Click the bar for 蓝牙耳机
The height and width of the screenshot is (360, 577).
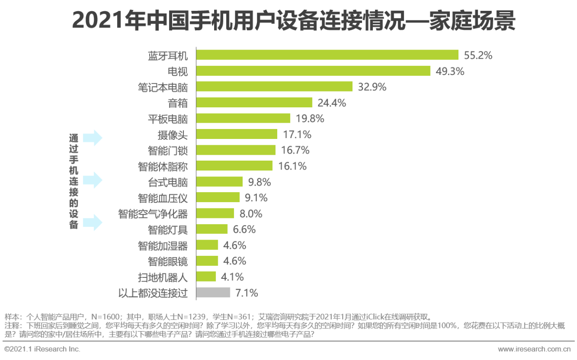[x=327, y=55]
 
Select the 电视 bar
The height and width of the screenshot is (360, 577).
[x=313, y=71]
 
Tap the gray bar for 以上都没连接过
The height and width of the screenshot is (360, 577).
[x=213, y=293]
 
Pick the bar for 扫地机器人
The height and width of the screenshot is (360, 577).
[x=206, y=277]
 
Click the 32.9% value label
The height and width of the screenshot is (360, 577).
[x=372, y=87]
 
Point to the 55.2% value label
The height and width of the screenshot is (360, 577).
[x=478, y=55]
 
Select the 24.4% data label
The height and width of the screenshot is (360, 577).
[x=332, y=103]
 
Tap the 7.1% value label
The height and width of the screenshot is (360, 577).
[x=247, y=293]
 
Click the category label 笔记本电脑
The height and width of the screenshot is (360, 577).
[x=163, y=87]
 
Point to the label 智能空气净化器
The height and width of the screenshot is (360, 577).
[x=153, y=213]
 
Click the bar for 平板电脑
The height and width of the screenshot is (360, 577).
[x=243, y=118]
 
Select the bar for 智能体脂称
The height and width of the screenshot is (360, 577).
[x=234, y=166]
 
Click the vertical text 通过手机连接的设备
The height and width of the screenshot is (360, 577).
[x=73, y=181]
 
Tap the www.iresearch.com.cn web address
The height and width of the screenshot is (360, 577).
[x=534, y=349]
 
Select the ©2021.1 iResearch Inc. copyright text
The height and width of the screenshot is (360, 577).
[x=42, y=349]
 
